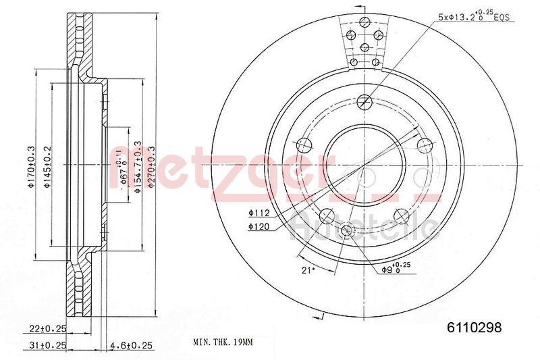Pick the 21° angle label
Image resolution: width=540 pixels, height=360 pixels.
[306, 269]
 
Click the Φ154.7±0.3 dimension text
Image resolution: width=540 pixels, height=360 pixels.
[138, 168]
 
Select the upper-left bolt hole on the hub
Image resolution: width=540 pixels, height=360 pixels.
[304, 143]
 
